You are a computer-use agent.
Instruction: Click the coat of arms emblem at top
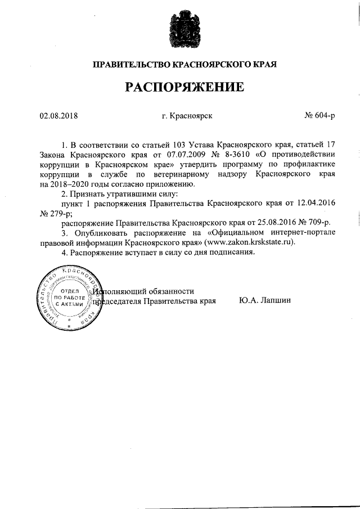coord(179,31)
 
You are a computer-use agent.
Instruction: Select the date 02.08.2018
coord(58,117)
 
